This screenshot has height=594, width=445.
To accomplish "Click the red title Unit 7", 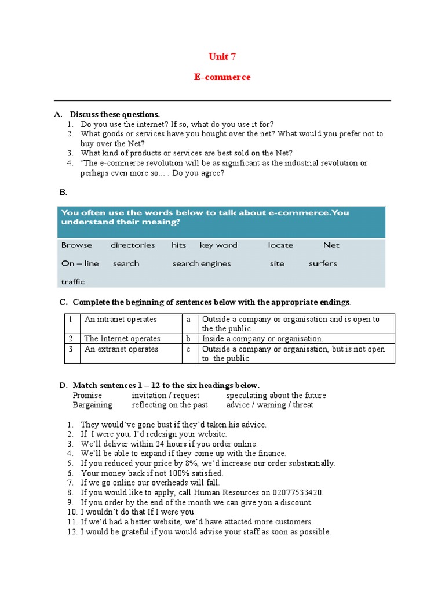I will tap(222, 56).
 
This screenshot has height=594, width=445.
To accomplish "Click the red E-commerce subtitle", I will tap(222, 77).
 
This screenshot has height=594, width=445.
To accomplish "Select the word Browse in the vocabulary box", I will tap(76, 245).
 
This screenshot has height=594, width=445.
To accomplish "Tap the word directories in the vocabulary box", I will tap(133, 245).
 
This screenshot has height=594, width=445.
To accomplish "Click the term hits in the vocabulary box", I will tap(178, 245).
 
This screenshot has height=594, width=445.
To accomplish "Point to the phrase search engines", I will tap(201, 263).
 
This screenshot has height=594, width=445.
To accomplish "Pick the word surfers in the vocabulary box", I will tap(323, 263).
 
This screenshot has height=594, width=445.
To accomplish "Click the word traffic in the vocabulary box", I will tap(73, 282).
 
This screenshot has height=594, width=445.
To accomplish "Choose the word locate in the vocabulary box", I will tap(280, 245).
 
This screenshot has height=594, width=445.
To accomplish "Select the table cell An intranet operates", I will tap(121, 320).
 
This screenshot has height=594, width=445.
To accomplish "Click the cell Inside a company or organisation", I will tap(262, 339).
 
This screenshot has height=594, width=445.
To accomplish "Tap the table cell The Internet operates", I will tap(122, 339).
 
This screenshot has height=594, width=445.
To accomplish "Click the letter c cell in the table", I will tap(188, 349).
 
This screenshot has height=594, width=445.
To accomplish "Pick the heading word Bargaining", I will tap(93, 405).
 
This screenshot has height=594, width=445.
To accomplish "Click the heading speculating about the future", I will tap(276, 396).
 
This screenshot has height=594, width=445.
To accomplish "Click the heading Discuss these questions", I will tap(115, 114).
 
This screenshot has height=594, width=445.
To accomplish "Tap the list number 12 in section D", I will tap(71, 532).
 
